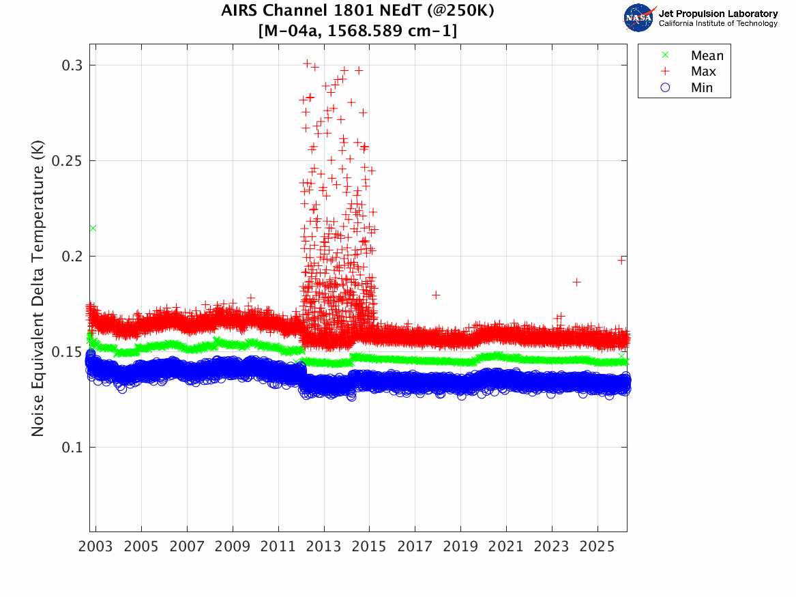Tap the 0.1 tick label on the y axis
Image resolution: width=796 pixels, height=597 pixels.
tap(72, 448)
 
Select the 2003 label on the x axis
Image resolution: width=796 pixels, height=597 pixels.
tap(96, 547)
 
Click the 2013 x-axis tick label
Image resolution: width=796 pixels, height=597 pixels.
tap(324, 547)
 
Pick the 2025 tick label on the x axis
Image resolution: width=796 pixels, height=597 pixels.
tap(598, 547)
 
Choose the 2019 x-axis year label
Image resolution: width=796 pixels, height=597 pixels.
tap(460, 547)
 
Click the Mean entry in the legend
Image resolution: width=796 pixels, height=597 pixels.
tap(707, 56)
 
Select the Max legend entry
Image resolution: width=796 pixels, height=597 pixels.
tap(704, 72)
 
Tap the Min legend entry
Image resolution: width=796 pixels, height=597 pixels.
tap(702, 87)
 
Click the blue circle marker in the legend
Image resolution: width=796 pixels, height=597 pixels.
tap(666, 87)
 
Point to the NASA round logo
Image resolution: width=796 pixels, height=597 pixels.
tap(639, 18)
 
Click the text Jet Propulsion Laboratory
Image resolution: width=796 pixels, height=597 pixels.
tap(718, 14)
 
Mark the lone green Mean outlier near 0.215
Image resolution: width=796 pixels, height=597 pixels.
tap(93, 228)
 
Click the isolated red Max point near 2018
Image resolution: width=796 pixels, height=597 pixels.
tap(436, 295)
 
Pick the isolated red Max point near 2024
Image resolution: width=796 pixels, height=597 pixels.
tap(576, 282)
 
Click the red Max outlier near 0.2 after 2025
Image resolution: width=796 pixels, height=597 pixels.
tap(621, 260)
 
